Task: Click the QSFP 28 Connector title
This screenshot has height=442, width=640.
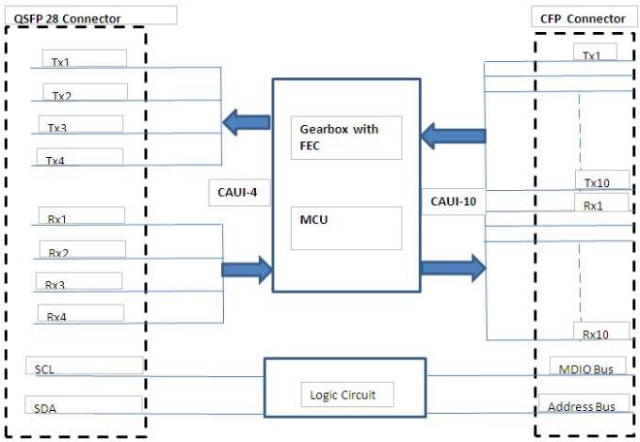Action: click(67, 19)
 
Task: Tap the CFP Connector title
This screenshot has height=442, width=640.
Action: click(583, 19)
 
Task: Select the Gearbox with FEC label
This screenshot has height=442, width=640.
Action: click(339, 137)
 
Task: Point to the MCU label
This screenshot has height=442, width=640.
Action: click(313, 220)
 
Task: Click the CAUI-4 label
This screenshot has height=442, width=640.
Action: click(237, 193)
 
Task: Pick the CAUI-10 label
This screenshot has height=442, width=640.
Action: click(453, 201)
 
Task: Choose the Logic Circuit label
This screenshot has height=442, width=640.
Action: click(343, 395)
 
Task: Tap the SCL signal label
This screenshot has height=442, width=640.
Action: click(44, 370)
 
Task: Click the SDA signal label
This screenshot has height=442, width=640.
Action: click(45, 408)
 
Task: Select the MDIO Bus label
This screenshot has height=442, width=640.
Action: click(585, 370)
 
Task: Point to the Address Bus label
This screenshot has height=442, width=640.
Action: click(582, 407)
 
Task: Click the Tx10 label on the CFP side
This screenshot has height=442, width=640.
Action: click(597, 183)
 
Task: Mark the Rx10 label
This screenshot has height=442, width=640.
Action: click(596, 335)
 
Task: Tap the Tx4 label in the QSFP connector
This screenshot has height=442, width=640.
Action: click(56, 161)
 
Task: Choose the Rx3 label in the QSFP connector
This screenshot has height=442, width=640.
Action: click(55, 285)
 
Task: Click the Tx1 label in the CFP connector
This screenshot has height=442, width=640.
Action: click(591, 55)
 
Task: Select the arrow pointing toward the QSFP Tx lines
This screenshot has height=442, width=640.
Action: click(247, 122)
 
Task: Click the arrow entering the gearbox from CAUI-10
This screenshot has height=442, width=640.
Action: click(453, 135)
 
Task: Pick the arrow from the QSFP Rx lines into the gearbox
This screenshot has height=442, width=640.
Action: click(247, 270)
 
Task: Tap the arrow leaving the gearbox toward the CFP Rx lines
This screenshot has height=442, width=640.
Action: click(453, 268)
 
